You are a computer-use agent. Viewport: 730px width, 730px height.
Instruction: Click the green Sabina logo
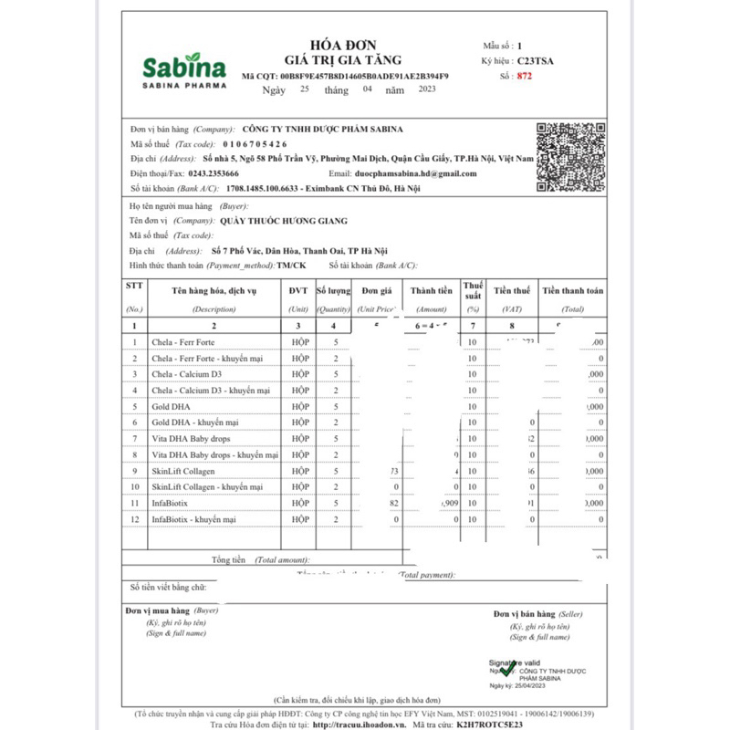183,69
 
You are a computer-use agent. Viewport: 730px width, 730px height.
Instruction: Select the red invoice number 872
524,77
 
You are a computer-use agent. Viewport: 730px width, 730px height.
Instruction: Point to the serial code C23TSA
535,61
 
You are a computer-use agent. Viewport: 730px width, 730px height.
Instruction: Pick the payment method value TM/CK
292,265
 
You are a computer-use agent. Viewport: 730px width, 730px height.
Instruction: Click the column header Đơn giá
376,290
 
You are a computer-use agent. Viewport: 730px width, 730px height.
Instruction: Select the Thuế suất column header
473,290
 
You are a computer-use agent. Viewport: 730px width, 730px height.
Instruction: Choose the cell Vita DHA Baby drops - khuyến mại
211,454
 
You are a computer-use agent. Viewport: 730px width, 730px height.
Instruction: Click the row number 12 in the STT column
134,519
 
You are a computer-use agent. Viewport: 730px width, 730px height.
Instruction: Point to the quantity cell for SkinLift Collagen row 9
336,471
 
